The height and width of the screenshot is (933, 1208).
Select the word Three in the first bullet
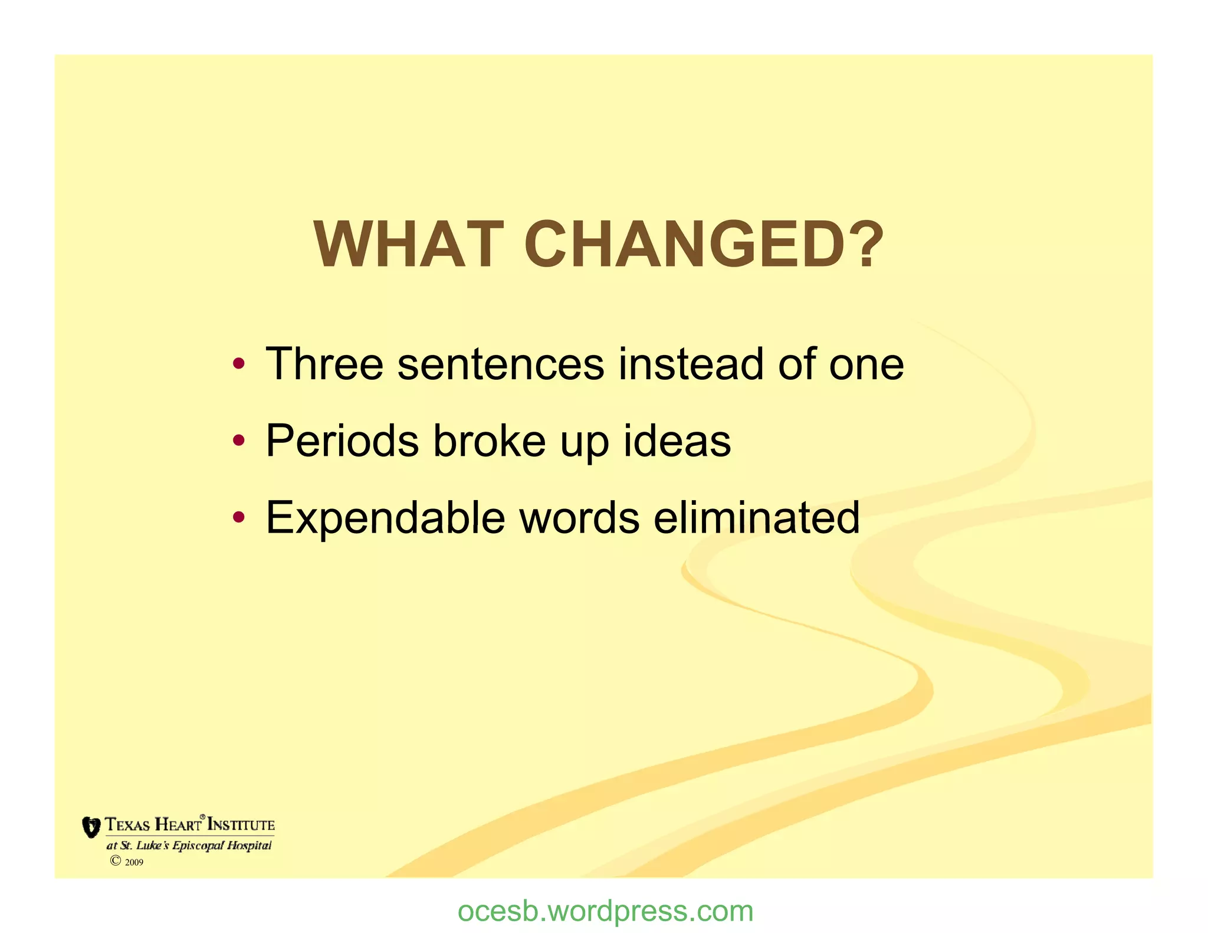[x=324, y=364]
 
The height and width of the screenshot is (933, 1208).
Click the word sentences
[x=501, y=364]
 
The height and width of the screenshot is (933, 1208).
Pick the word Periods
[x=343, y=441]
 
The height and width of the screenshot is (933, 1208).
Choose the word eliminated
[x=757, y=517]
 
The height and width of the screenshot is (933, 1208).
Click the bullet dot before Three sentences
[x=238, y=363]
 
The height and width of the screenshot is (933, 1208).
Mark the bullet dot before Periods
[x=238, y=441]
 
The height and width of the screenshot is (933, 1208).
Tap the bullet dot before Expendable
[x=238, y=517]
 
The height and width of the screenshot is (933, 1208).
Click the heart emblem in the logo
[x=91, y=827]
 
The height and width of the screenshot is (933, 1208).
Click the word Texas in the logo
[x=127, y=824]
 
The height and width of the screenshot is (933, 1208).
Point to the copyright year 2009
[x=134, y=862]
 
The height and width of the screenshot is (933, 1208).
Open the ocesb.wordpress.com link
[x=605, y=911]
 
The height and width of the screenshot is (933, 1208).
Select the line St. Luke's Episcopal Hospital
[x=189, y=845]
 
